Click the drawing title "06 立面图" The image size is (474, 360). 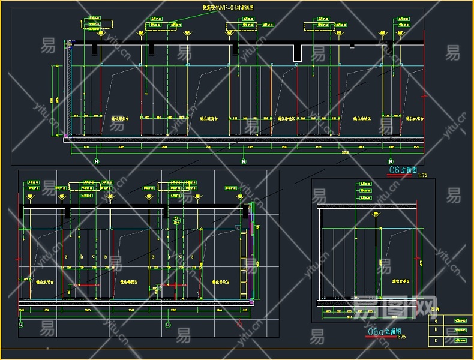[x=403, y=170]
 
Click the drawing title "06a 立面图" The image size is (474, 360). [x=385, y=331]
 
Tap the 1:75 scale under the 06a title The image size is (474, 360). [x=401, y=337]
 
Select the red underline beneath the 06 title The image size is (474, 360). [x=403, y=175]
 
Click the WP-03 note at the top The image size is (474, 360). [x=227, y=8]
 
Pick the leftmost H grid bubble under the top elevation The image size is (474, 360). [x=97, y=161]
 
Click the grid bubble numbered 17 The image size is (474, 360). [x=244, y=161]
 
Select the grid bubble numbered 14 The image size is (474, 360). [x=22, y=325]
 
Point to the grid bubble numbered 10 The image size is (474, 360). [x=167, y=325]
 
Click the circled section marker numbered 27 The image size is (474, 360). [x=176, y=220]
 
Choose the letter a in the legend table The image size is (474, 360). [x=436, y=321]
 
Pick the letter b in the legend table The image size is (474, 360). [x=436, y=331]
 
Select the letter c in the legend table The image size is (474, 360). [x=436, y=340]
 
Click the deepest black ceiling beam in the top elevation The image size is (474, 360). [x=298, y=53]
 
